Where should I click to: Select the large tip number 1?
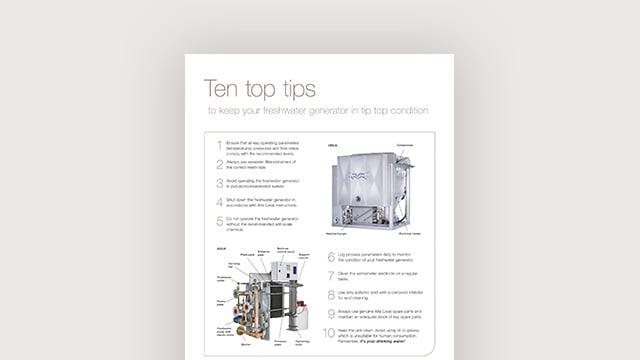(219, 145)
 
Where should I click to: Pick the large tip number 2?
(219, 164)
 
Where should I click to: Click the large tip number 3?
(219, 183)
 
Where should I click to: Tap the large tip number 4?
(219, 202)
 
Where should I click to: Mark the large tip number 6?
(331, 258)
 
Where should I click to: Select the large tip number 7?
(331, 277)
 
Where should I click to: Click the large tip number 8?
(331, 296)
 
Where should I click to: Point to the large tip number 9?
(331, 315)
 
